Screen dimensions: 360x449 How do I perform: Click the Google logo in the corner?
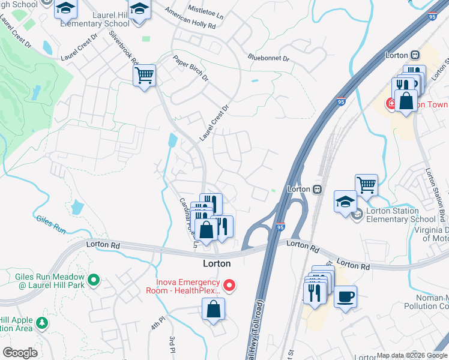click(20, 353)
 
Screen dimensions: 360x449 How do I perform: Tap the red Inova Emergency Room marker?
click(229, 284)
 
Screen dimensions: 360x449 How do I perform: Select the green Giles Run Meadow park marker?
click(93, 280)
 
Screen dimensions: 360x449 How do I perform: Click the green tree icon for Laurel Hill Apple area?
click(41, 324)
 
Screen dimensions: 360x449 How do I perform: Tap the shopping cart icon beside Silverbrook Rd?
click(144, 76)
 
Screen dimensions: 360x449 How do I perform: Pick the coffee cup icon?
click(345, 296)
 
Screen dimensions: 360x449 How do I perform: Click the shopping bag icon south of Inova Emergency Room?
click(213, 310)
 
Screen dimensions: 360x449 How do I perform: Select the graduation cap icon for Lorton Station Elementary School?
click(346, 200)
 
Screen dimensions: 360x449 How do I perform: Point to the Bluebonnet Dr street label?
click(268, 59)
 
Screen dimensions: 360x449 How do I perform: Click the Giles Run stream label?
click(49, 225)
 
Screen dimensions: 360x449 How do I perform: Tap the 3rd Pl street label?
click(172, 344)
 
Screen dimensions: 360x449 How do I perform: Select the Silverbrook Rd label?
click(124, 49)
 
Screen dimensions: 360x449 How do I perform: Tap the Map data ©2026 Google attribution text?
click(411, 355)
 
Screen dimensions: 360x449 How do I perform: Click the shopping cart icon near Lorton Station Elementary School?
click(366, 185)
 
